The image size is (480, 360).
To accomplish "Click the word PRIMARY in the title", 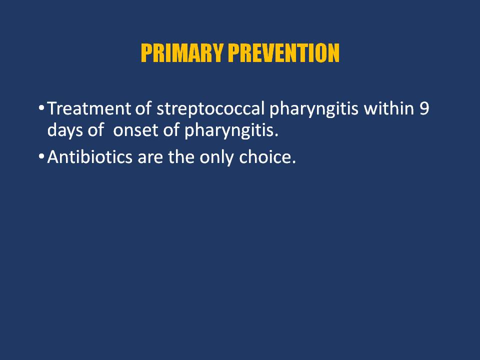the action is [181, 53].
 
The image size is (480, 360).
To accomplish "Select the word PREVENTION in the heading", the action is [284, 53].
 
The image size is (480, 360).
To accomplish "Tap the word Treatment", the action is [89, 108].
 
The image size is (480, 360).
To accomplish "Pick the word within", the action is [388, 108].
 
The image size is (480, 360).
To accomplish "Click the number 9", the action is [424, 108].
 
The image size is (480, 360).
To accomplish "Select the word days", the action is [65, 130].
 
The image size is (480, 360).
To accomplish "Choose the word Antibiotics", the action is [89, 156].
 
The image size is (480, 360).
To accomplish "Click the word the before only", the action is [181, 156].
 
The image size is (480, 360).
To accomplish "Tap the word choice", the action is [265, 156].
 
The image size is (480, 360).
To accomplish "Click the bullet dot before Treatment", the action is [41, 108].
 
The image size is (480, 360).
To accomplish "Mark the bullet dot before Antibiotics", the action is [41, 156].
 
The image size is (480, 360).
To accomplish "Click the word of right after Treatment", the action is [143, 108].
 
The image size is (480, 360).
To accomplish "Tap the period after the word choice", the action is [294, 162].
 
